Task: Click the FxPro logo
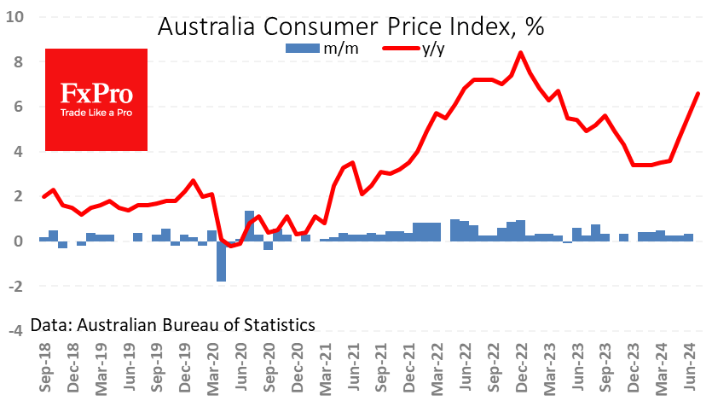(96, 99)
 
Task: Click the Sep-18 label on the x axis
(43, 368)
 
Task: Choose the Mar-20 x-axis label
(213, 368)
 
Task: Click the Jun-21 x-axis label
(353, 368)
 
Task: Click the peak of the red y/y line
(521, 53)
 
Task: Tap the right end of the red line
(698, 94)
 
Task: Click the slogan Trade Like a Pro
(96, 112)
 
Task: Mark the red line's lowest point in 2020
(230, 246)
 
